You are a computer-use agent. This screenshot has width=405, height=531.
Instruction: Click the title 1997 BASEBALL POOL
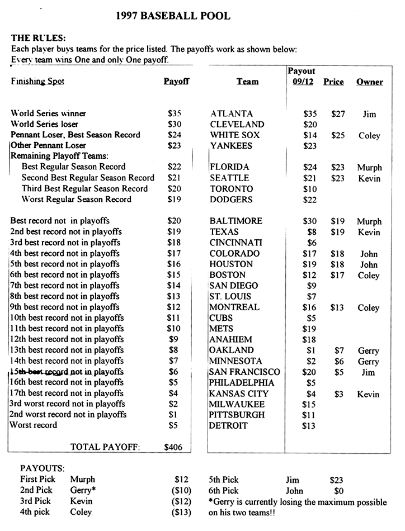[x=173, y=16]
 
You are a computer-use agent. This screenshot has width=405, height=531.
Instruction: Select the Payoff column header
[x=176, y=82]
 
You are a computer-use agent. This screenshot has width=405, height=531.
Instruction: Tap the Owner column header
[x=370, y=82]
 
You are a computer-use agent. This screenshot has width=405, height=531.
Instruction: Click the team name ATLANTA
[x=232, y=114]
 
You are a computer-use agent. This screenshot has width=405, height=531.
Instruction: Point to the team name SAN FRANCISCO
[x=244, y=372]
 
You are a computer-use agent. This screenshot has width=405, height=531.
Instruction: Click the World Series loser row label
[x=45, y=124]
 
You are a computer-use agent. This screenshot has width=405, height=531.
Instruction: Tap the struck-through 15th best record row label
[x=67, y=372]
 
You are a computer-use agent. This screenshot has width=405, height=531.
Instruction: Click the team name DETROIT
[x=228, y=426]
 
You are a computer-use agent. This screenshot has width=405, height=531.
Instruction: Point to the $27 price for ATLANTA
[x=338, y=114]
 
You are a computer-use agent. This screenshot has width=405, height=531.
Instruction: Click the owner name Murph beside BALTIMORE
[x=369, y=222]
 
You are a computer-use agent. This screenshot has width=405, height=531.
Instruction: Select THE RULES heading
[x=39, y=38]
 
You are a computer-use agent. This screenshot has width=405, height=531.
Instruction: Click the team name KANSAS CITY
[x=239, y=394]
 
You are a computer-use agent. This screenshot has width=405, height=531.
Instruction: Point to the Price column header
[x=333, y=82]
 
